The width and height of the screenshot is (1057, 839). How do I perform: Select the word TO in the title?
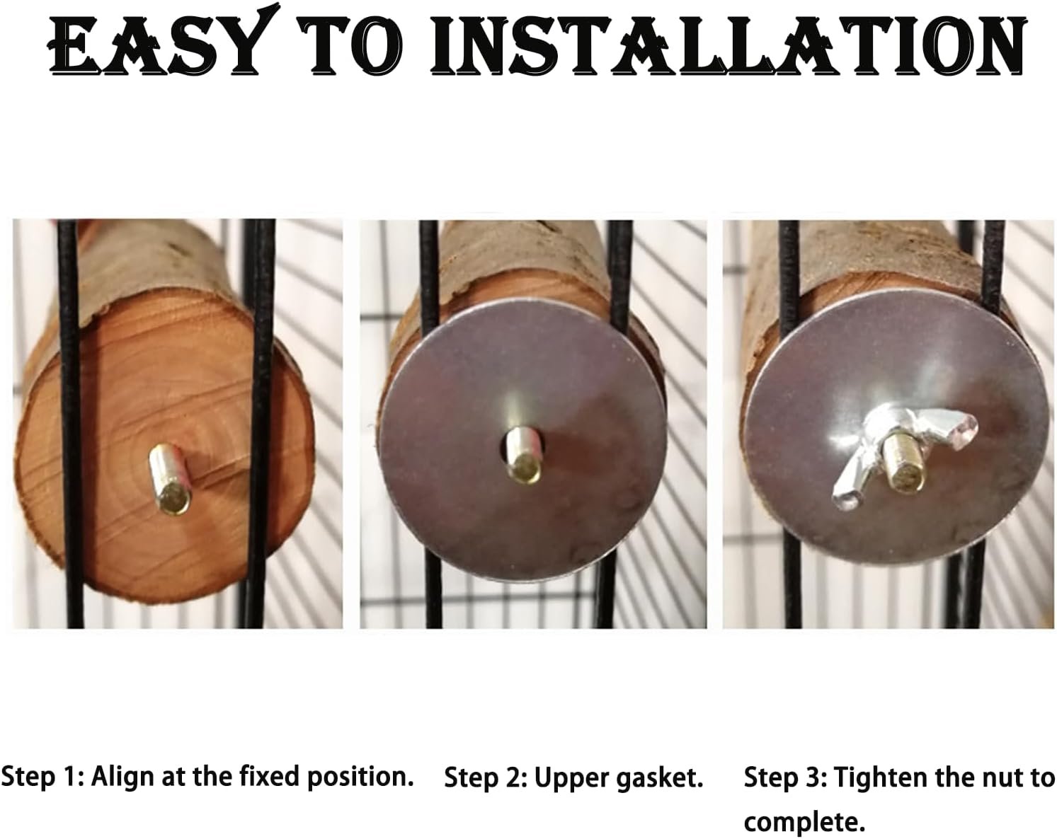pyautogui.click(x=352, y=45)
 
